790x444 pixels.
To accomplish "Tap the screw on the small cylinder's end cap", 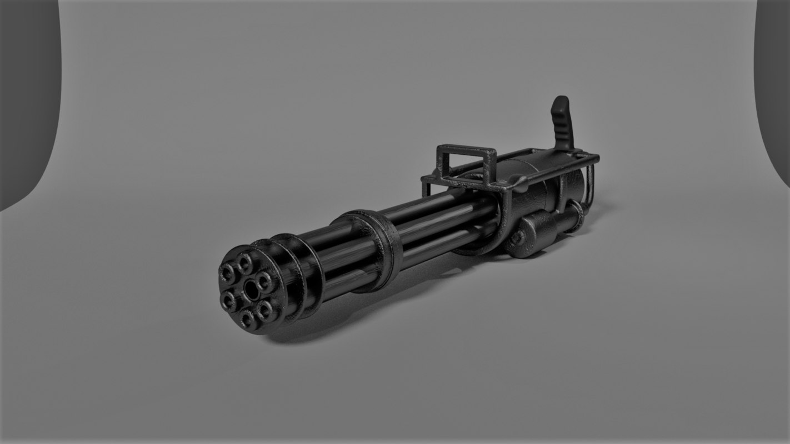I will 517,237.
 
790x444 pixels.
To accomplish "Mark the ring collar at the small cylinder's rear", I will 576,213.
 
